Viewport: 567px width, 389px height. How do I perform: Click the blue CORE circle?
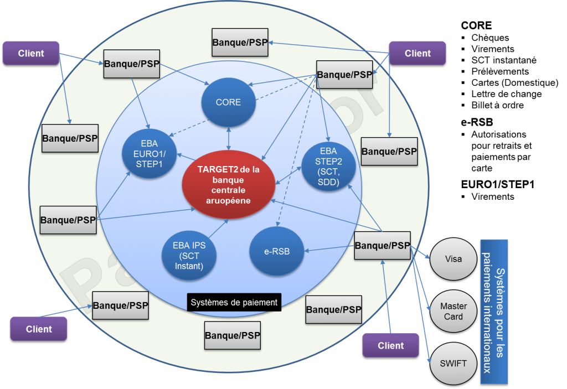pos(229,102)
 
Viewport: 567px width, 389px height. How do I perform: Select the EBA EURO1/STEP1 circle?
pos(150,153)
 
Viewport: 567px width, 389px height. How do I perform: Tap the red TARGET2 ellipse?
pos(229,184)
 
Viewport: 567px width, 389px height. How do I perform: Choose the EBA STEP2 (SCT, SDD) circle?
pos(329,167)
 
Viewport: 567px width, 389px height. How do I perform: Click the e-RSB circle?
pos(277,252)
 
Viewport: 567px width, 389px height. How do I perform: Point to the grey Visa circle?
pos(453,259)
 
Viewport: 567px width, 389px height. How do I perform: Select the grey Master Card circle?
pos(453,312)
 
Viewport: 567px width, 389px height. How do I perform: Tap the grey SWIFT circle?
pos(453,364)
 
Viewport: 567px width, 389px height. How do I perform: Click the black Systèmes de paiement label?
pos(234,302)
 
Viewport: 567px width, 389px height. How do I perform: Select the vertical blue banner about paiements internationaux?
pos(493,312)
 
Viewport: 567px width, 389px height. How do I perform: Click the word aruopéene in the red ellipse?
pos(229,201)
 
